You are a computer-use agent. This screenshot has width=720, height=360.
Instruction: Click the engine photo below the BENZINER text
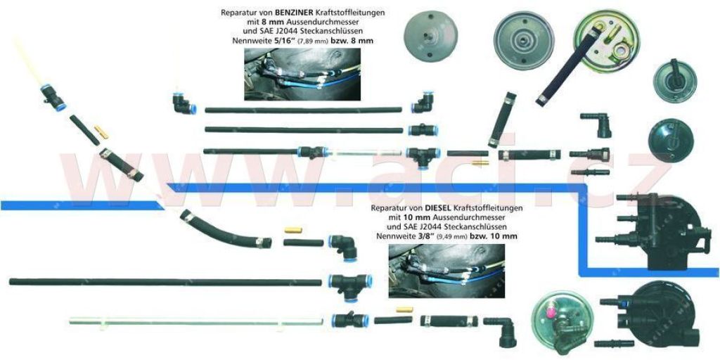coord(302,74)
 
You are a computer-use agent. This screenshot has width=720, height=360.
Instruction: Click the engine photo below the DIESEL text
coord(446,271)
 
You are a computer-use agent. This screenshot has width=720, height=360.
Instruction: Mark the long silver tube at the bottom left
coord(196,321)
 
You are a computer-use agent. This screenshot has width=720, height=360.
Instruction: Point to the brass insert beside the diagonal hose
coord(101,132)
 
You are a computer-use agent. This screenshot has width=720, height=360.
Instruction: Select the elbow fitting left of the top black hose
coord(184,104)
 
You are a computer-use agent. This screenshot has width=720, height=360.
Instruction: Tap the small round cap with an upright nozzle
coord(675,80)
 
